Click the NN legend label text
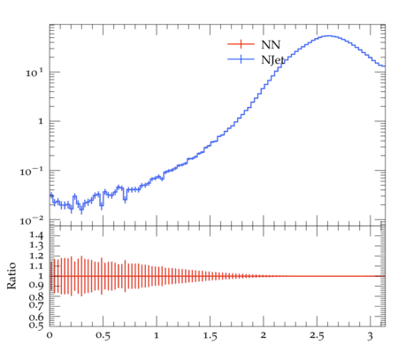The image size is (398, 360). (x=271, y=44)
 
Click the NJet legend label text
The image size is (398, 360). (x=272, y=60)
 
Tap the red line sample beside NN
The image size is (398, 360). (x=241, y=44)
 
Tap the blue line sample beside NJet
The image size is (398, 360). (x=241, y=59)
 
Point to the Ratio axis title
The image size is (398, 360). (x=11, y=276)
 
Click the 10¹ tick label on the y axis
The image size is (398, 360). (x=34, y=73)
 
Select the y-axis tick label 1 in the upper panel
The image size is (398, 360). (x=41, y=121)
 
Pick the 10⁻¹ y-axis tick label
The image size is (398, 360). (x=32, y=171)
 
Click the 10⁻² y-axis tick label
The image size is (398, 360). (x=32, y=220)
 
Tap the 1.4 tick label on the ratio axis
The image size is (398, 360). (x=36, y=235)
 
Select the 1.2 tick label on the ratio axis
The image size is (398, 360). (x=36, y=256)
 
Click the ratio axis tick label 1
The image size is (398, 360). (x=41, y=276)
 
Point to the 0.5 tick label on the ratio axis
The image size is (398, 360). (x=36, y=326)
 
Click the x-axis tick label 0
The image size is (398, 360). (x=50, y=335)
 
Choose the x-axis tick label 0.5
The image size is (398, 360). (x=103, y=336)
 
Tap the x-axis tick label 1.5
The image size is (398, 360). (x=210, y=336)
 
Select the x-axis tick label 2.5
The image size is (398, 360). (x=317, y=336)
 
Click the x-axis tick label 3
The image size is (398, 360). (x=371, y=336)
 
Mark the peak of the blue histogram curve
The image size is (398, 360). (x=329, y=36)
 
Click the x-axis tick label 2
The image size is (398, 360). (x=264, y=335)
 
